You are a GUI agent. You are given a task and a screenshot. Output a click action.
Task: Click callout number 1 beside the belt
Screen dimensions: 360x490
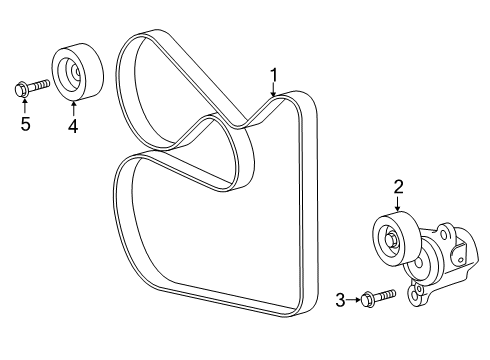273,73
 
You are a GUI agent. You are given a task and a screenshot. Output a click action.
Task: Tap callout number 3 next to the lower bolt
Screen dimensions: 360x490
340,299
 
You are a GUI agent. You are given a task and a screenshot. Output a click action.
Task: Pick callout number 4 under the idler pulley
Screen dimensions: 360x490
72,126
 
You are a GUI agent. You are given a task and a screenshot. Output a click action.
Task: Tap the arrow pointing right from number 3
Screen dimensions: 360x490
352,298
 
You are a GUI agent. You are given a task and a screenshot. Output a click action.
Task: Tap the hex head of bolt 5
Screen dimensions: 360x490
23,89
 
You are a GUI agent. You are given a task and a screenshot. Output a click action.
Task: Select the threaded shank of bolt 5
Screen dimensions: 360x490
41,86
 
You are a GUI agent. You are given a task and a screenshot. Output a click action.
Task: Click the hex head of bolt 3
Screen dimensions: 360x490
365,297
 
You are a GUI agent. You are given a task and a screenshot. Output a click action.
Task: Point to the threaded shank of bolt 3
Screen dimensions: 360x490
385,293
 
